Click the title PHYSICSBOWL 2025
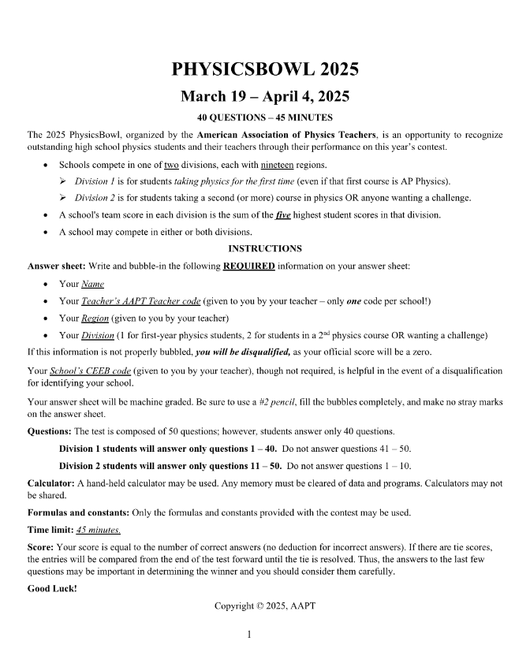pos(265,69)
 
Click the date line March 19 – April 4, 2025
pos(265,97)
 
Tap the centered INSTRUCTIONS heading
pos(265,248)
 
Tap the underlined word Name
pos(92,284)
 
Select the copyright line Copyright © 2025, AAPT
pos(265,606)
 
